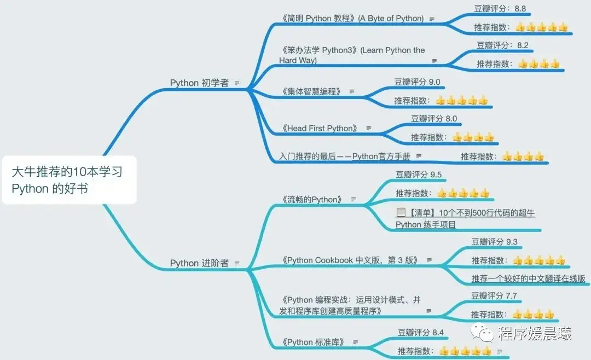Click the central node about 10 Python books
coord(68,180)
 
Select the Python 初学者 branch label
coord(199,83)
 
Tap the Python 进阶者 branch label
coord(199,263)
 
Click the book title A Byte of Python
coord(353,19)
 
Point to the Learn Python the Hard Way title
coord(352,55)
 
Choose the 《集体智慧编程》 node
coord(312,91)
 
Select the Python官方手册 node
coord(344,156)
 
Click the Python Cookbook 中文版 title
coord(351,260)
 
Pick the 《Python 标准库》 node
coord(314,342)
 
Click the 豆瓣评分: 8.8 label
coord(500,9)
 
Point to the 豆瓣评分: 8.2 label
coord(502,45)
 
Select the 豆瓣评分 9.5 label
coord(419,175)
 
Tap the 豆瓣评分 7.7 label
coord(494,297)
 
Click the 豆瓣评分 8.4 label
coord(421,332)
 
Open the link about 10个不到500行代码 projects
coord(465,218)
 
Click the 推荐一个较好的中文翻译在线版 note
coord(528,278)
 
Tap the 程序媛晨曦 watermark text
coord(534,333)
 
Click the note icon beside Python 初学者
coord(237,83)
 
